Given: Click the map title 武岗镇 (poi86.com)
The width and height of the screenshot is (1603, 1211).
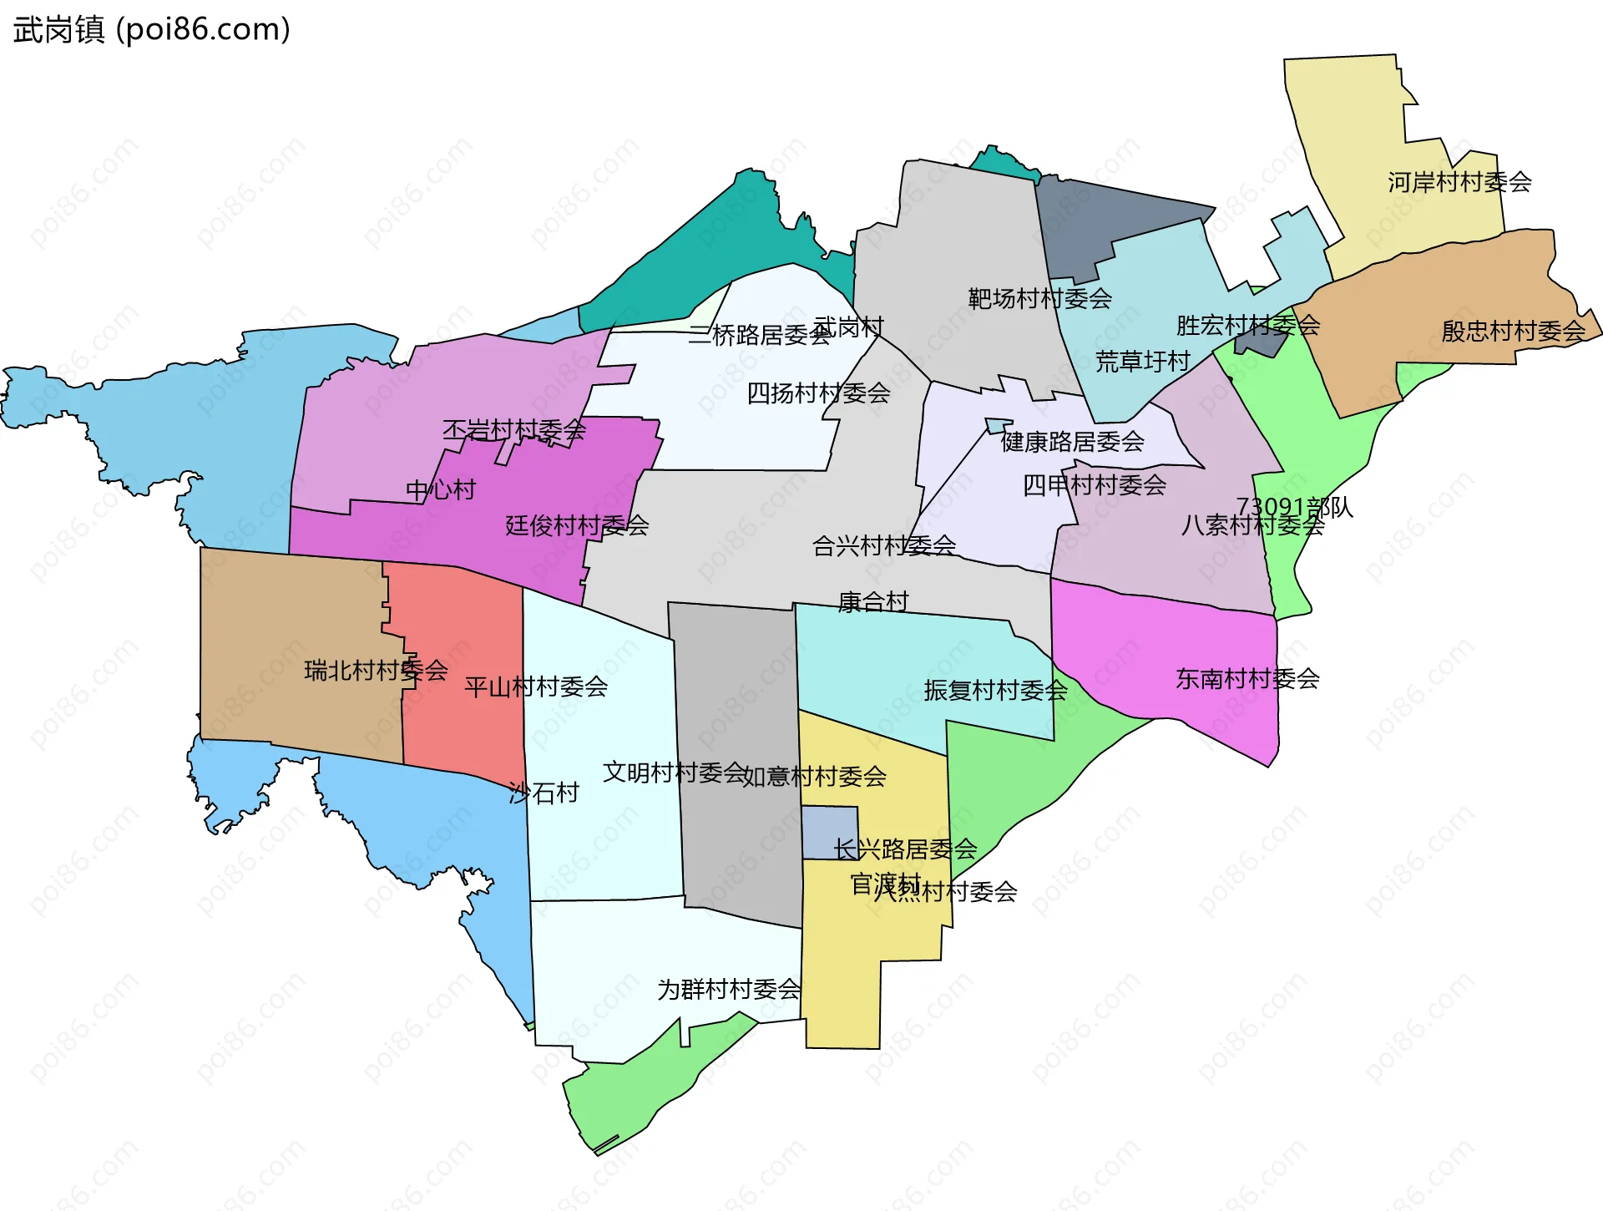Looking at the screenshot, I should click(x=151, y=29).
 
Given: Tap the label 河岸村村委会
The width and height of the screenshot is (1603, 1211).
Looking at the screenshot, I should click(x=1459, y=182).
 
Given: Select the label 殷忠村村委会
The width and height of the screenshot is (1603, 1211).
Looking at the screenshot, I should click(x=1513, y=332).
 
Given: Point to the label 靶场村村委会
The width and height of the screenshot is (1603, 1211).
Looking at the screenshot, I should click(x=1039, y=298).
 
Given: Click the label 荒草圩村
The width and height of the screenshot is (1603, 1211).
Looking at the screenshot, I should click(x=1142, y=362).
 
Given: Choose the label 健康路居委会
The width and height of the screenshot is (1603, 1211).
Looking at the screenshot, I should click(x=1072, y=441).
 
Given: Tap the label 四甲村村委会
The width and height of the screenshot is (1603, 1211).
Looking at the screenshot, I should click(x=1094, y=484).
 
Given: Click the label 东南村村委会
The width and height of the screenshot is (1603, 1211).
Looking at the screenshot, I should click(x=1247, y=678).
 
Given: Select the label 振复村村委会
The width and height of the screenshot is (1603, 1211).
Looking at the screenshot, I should click(x=995, y=690).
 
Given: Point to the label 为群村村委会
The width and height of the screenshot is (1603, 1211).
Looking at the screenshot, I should click(x=728, y=989).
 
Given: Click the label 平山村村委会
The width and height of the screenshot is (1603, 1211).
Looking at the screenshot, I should click(x=535, y=687).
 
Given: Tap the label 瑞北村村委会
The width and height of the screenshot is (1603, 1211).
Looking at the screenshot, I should click(x=376, y=670).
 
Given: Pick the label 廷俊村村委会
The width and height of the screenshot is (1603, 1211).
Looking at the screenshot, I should click(x=576, y=525).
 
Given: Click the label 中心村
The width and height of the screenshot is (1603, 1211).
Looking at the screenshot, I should click(x=440, y=489).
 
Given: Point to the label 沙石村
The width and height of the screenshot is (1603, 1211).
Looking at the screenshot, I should click(x=544, y=792).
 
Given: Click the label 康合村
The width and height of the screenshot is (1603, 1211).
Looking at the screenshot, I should click(x=872, y=601).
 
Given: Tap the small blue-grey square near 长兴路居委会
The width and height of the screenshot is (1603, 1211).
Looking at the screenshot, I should click(x=829, y=833).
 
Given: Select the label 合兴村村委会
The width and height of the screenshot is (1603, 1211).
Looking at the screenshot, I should click(x=883, y=545).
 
